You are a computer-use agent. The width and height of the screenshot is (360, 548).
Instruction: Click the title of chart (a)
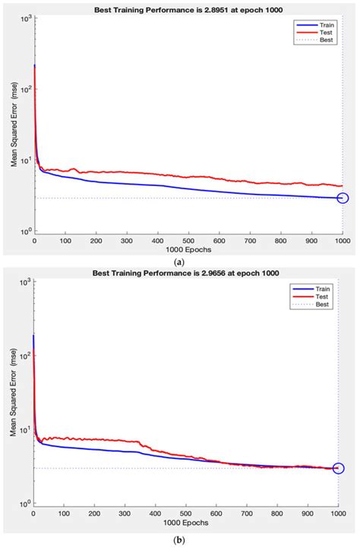click(x=188, y=10)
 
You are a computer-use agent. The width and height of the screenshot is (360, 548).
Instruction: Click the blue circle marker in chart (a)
click(x=343, y=198)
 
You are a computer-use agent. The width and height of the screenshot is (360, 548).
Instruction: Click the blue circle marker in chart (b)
click(x=338, y=468)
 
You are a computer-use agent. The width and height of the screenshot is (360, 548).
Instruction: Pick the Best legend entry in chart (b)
click(x=317, y=305)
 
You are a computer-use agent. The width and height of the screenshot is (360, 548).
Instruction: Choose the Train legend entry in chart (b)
click(x=317, y=290)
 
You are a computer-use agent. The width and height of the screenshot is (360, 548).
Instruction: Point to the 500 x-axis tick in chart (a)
click(x=188, y=241)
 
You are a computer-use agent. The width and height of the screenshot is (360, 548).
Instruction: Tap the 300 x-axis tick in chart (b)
click(x=125, y=513)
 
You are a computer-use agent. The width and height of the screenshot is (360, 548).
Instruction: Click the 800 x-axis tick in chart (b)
click(x=278, y=513)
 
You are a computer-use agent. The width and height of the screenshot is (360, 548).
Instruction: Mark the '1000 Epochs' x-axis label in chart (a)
click(x=188, y=250)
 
